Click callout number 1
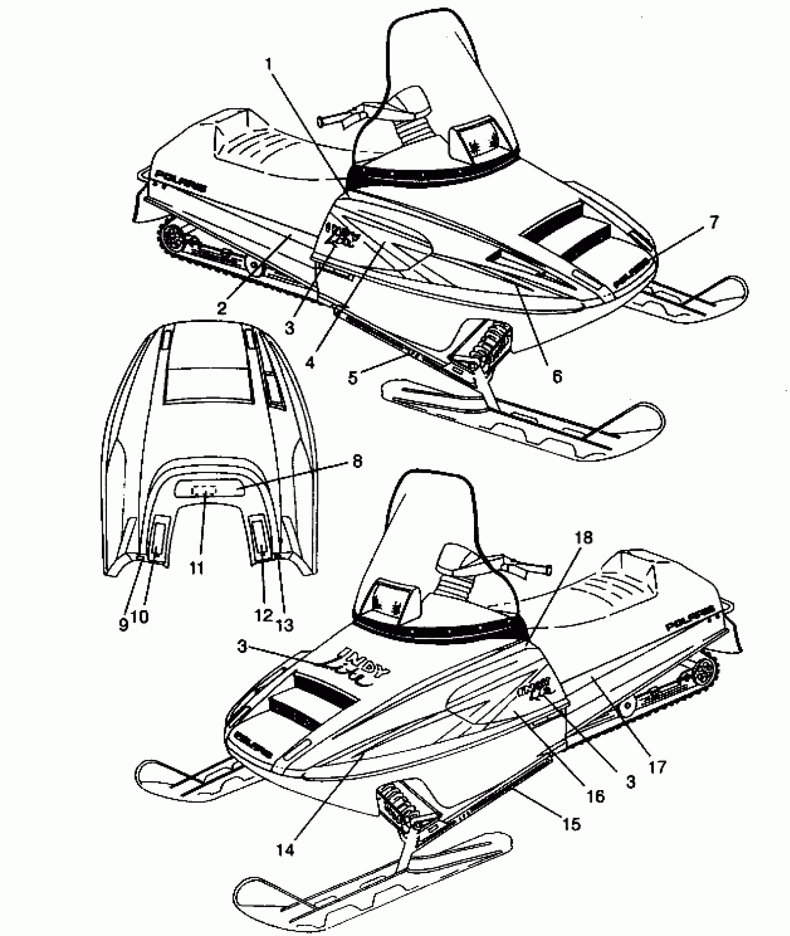click(269, 64)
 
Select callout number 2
click(222, 307)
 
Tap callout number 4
click(310, 361)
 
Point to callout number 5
click(353, 377)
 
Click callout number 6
click(557, 375)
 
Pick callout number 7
click(714, 223)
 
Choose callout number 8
click(356, 463)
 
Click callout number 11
click(197, 567)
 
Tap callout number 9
click(123, 625)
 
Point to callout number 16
click(596, 797)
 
